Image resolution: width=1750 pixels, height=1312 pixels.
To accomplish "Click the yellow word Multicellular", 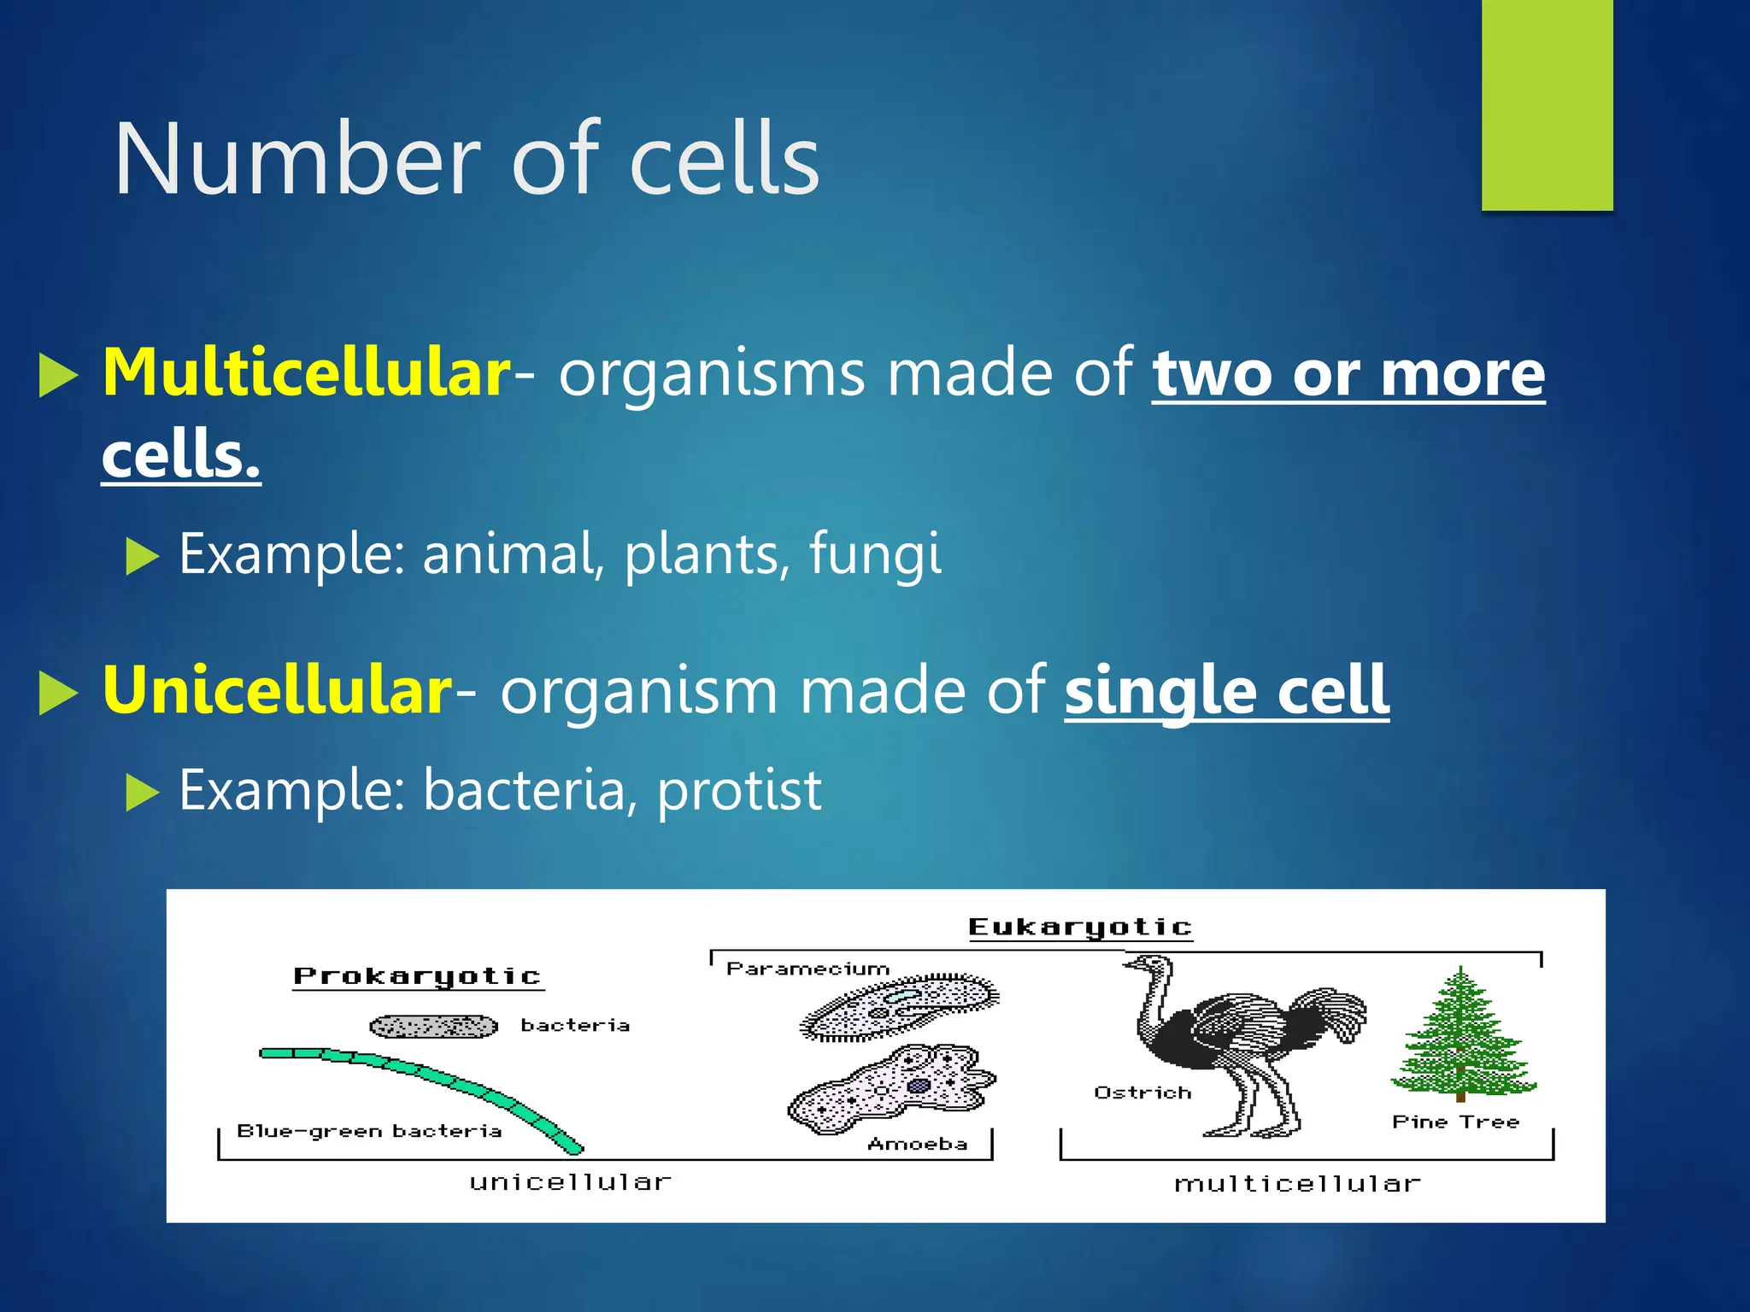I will [x=306, y=373].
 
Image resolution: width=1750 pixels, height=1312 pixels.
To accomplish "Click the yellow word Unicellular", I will [x=276, y=690].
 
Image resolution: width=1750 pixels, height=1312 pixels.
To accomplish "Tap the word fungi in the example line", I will [x=874, y=553].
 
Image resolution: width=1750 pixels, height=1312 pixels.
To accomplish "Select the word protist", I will [x=738, y=790].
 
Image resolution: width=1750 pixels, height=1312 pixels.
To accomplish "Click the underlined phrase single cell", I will [x=1226, y=690].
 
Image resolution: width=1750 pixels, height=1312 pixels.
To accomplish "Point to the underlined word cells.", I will [x=180, y=454].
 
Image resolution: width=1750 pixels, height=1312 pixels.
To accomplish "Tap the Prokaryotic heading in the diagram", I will [x=417, y=976].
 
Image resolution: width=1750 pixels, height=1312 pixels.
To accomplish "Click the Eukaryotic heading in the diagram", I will [x=1080, y=927].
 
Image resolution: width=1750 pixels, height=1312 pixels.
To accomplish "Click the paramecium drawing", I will [x=899, y=1005].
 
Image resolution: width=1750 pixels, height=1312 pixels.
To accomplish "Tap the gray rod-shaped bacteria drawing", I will [x=433, y=1026].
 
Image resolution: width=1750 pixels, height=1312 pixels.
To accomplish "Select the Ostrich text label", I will [x=1142, y=1092].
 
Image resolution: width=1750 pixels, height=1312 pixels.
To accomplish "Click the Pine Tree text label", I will [x=1455, y=1122].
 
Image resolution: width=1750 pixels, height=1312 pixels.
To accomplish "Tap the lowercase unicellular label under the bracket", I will [x=570, y=1182].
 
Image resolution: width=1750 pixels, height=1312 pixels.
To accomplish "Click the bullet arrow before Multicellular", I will [x=58, y=375].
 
